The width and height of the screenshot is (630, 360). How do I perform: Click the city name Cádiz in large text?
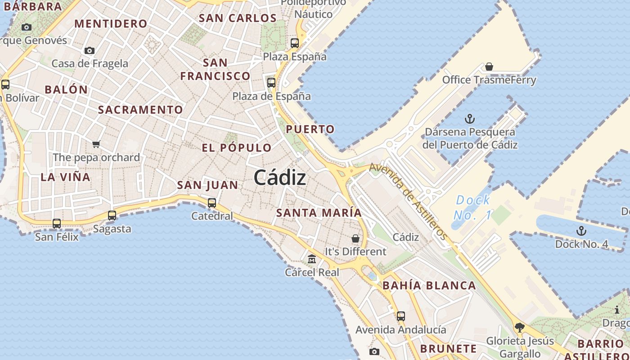[x=280, y=178]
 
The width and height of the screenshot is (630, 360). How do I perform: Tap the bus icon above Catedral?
[x=212, y=203]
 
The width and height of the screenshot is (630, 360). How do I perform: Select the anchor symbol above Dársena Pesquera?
[x=470, y=119]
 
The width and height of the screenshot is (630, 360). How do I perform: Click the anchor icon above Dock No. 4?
[x=581, y=231]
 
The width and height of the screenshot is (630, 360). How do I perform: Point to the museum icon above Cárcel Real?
[x=312, y=259]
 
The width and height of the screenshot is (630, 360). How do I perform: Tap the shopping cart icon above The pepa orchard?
[x=96, y=144]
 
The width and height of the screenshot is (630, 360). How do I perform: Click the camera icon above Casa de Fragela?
[x=90, y=50]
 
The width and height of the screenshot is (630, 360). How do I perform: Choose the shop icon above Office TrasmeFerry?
[x=489, y=67]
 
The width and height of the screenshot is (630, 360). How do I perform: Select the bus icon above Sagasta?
[x=112, y=216]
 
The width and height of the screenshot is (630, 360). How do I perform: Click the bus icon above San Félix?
[x=57, y=223]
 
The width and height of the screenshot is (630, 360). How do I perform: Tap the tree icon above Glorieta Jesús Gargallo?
[x=520, y=327]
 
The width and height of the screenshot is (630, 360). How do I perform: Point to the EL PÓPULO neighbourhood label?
[x=237, y=148]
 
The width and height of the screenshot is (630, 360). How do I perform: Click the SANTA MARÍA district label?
[x=319, y=213]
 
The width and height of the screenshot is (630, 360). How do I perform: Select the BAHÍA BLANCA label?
[x=429, y=285]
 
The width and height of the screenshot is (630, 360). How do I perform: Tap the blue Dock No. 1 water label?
[x=472, y=207]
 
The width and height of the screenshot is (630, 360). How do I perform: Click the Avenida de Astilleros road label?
[x=409, y=201]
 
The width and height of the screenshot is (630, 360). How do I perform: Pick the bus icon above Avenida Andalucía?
[x=401, y=316]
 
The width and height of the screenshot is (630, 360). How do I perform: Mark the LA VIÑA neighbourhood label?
[x=66, y=177]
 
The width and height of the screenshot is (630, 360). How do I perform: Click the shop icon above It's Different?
[x=355, y=238]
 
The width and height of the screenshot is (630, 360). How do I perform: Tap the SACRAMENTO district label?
[x=140, y=110]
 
